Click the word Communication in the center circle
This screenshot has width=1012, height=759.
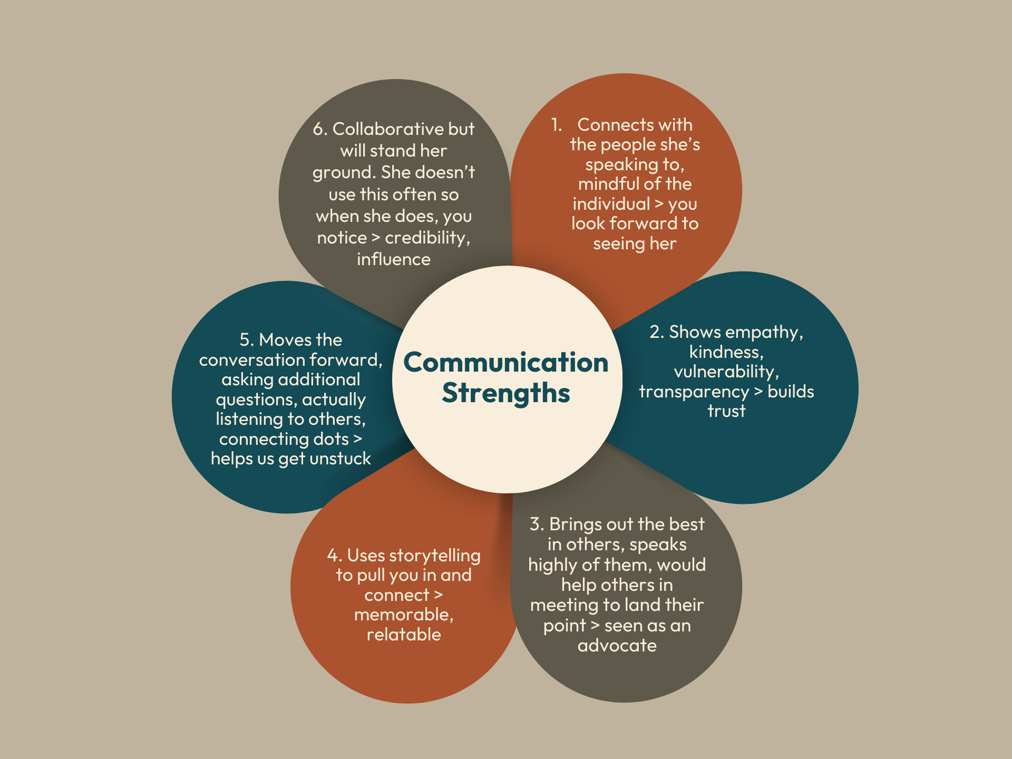[x=505, y=363]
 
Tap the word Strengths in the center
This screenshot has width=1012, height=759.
[x=505, y=393]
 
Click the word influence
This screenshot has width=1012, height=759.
[x=393, y=259]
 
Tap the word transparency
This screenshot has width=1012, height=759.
[x=693, y=392]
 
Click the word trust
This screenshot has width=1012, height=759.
[x=726, y=411]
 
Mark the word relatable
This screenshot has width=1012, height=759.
[x=404, y=635]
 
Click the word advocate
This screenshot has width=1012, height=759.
[x=617, y=646]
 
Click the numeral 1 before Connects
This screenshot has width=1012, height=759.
[x=556, y=125]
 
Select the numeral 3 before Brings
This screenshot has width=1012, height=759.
[x=536, y=524]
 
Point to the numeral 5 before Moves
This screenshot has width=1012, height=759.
[x=245, y=340]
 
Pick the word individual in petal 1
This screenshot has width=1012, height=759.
[x=611, y=204]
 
